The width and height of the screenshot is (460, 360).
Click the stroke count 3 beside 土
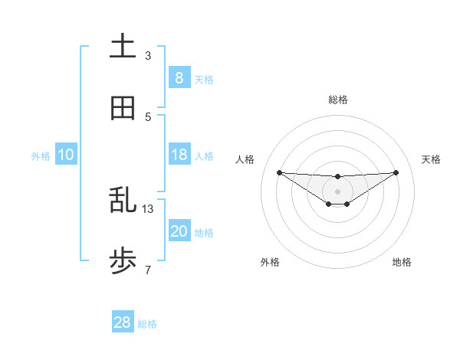coord(148,55)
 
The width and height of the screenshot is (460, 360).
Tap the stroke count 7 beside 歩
coord(148,270)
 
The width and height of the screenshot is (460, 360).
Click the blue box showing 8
coord(179,77)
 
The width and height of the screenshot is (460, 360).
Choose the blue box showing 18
coord(179,155)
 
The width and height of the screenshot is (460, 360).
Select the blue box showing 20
coord(179,231)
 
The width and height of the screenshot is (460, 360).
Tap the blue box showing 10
coord(65,155)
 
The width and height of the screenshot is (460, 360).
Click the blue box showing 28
coord(122,322)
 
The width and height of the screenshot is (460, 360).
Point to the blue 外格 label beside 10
coord(41,156)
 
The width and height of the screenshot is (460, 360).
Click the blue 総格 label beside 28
coord(147,324)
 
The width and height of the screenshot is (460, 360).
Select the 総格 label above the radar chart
coord(337,100)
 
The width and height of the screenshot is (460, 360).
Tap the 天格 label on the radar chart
coord(431,159)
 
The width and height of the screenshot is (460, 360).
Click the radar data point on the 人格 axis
coord(279,172)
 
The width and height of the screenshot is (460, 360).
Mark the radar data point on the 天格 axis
coord(396,172)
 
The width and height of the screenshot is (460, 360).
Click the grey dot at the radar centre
coord(337,191)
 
